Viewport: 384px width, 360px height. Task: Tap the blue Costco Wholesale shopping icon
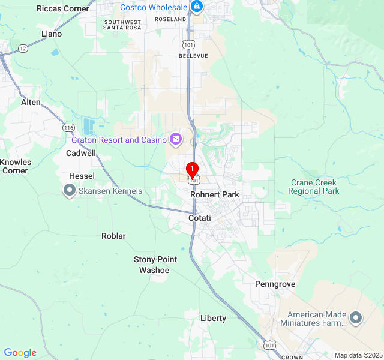[x=196, y=7]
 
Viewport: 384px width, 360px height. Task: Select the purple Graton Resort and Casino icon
[x=175, y=140]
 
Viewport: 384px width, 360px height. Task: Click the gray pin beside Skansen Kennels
[x=69, y=191]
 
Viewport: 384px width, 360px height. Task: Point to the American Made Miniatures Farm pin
[x=356, y=318]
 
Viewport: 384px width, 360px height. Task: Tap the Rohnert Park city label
[x=215, y=194]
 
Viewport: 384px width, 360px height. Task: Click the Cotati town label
[x=200, y=218]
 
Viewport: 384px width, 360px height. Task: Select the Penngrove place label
[x=275, y=284]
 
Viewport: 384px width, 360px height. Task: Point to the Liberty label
[x=213, y=318]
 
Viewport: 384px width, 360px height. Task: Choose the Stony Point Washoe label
[x=155, y=265]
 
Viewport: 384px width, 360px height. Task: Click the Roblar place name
[x=113, y=236]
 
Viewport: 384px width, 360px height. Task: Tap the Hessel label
[x=82, y=176]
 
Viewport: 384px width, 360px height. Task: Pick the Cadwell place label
[x=80, y=153]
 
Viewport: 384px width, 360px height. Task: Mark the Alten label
[x=31, y=102]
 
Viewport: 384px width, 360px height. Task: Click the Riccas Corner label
[x=62, y=8]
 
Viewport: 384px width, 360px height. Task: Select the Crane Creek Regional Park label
[x=313, y=187]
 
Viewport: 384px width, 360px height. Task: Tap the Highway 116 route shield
[x=68, y=128]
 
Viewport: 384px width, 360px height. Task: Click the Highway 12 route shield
[x=22, y=47]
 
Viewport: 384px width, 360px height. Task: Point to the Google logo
[x=20, y=353]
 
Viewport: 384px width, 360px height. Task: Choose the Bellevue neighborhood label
[x=193, y=56]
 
